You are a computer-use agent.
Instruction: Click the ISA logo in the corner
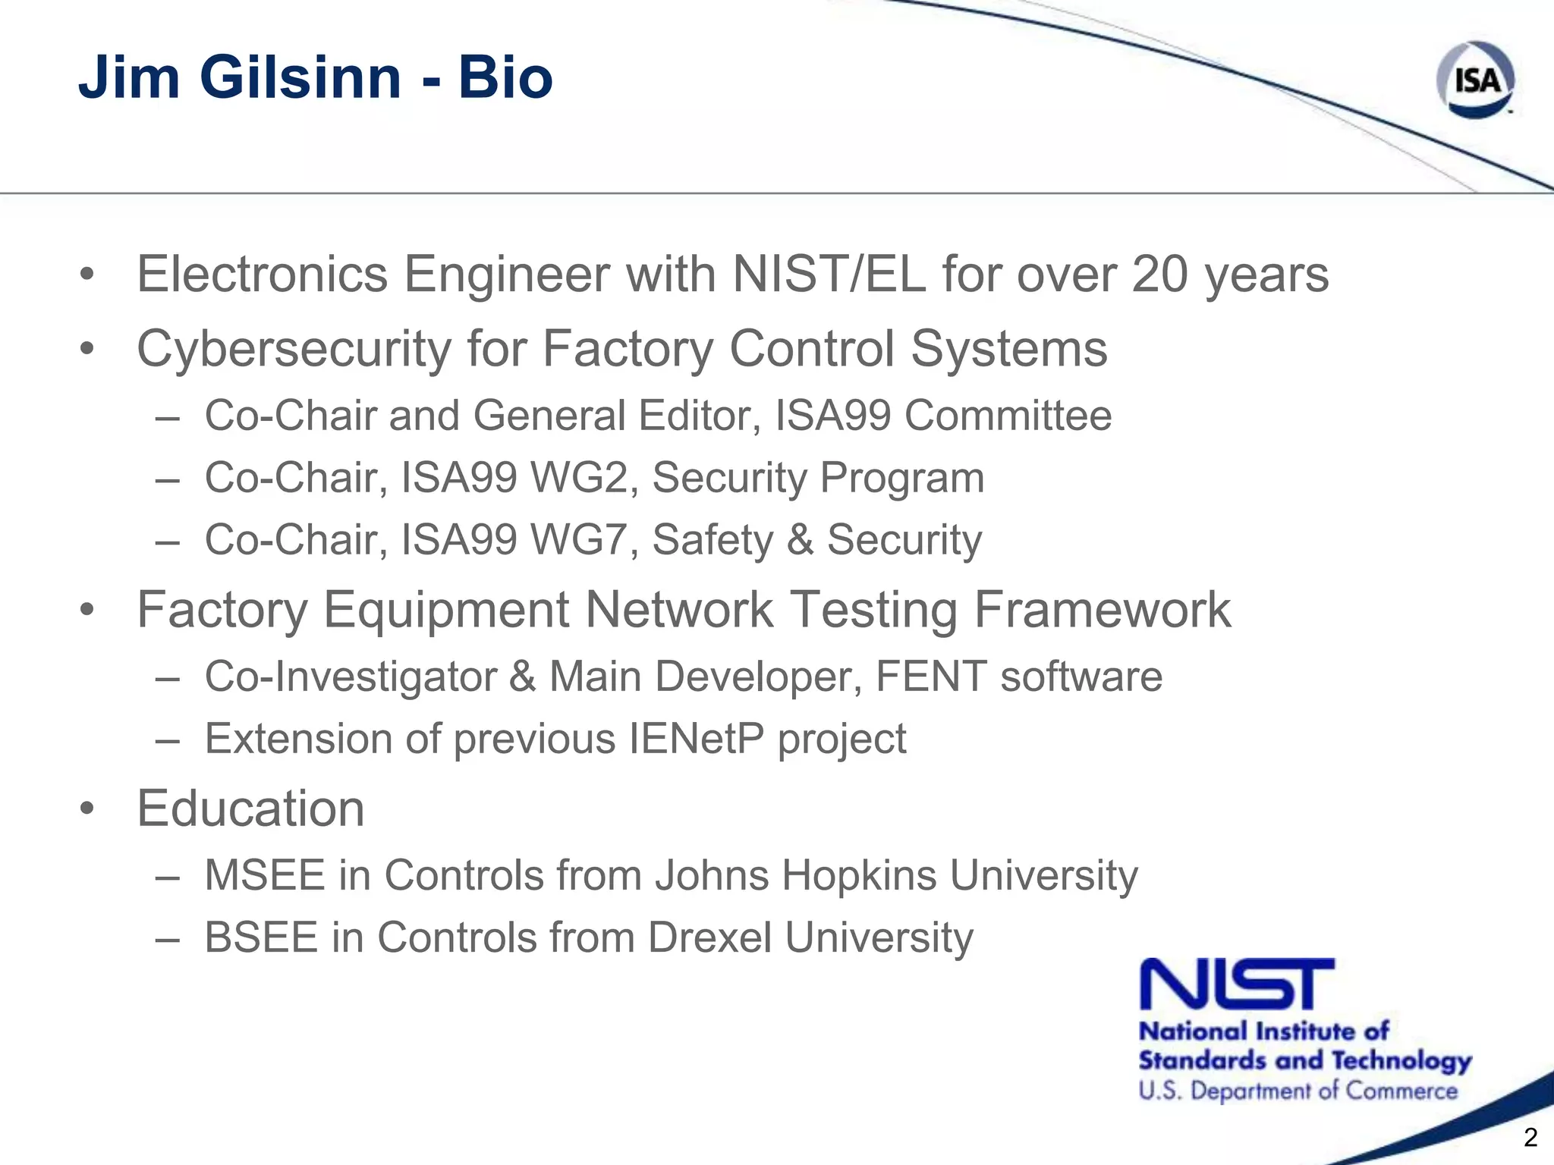pos(1475,80)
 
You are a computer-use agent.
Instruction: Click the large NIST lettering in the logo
pos(1237,984)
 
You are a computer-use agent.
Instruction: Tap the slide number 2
pos(1530,1137)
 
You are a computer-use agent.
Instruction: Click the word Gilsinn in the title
pos(300,77)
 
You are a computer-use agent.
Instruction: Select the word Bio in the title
pos(505,77)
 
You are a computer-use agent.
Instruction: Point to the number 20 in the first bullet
pos(1159,274)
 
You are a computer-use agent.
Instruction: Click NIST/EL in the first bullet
pos(829,274)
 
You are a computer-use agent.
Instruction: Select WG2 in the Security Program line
pos(584,478)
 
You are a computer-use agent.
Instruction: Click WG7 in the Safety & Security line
pos(584,540)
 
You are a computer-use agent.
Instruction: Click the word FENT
pos(931,677)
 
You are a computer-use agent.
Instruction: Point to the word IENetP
pos(697,739)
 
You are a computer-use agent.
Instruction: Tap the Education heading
pos(250,809)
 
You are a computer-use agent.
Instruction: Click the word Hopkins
pos(859,875)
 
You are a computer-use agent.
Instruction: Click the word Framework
pos(1102,610)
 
